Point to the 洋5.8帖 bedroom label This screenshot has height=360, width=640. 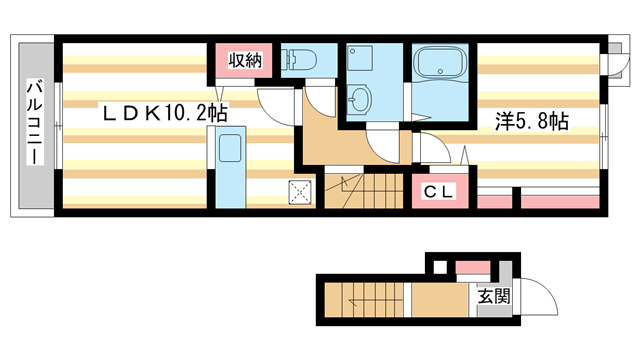tap(533, 121)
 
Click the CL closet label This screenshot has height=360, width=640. tap(432, 190)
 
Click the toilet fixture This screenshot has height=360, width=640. tap(299, 60)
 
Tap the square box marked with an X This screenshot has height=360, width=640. tap(301, 189)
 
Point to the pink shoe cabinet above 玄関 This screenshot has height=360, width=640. tap(472, 268)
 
